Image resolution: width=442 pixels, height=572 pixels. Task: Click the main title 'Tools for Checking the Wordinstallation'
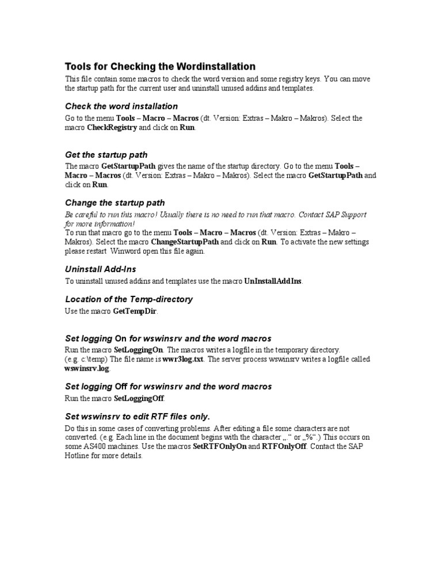coord(160,66)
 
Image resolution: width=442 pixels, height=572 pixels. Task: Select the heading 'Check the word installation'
coord(121,106)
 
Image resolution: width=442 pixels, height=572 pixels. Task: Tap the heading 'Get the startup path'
coord(106,155)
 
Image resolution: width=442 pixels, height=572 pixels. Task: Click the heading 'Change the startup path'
coord(115,203)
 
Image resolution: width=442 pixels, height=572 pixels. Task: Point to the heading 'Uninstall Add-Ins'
coord(101,269)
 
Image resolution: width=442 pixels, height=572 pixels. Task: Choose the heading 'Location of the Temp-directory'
coord(129,299)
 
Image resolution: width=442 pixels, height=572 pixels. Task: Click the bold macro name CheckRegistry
coord(112,128)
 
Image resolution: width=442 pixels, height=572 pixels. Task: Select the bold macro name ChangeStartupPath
coord(185,242)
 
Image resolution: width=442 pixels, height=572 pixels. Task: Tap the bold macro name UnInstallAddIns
coord(273,281)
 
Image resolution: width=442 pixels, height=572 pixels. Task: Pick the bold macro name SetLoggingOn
coord(139,350)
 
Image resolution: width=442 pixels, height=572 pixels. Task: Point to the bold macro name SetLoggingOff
coord(139,398)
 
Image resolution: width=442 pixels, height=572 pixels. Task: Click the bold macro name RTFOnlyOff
coord(284,447)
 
